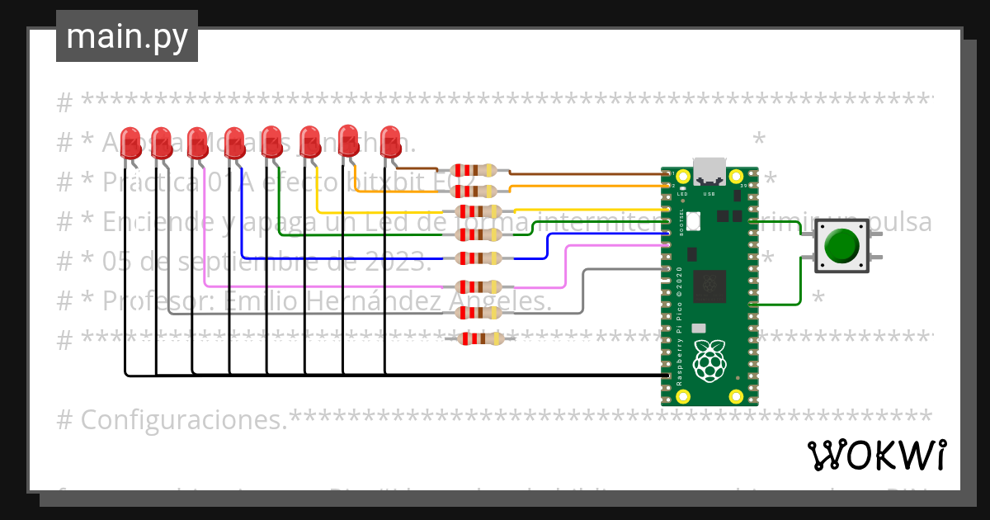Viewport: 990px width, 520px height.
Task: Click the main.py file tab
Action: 126,36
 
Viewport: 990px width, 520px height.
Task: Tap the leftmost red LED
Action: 130,141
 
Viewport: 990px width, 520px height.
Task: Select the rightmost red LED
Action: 390,139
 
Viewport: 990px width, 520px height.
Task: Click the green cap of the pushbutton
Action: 841,245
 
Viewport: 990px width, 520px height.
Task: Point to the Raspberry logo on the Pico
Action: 709,362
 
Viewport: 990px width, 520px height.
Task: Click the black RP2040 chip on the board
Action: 709,286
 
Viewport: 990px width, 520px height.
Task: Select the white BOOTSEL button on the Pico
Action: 693,220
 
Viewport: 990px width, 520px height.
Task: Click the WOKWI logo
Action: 875,455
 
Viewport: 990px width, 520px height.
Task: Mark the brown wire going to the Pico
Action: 586,174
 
